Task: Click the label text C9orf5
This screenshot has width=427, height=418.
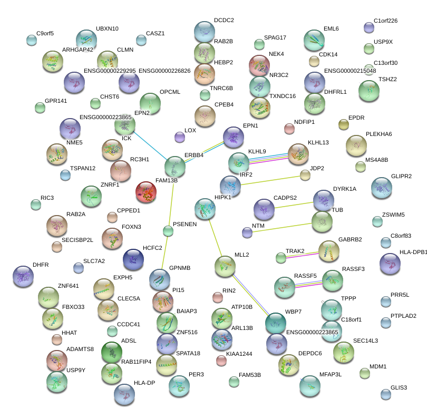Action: [x=45, y=33]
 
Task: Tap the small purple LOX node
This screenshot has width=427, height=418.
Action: [x=180, y=137]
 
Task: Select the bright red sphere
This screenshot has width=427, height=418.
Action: [x=146, y=192]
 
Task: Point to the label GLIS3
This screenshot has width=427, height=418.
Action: [x=399, y=387]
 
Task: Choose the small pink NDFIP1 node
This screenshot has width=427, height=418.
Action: [x=289, y=128]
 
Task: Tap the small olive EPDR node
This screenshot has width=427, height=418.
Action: [x=344, y=124]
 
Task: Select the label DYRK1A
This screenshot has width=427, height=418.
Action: [x=344, y=189]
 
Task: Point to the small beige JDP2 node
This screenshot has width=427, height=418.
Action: [x=305, y=175]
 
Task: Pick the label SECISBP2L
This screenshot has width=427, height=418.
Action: [x=77, y=240]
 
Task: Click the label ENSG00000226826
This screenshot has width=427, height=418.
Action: [x=164, y=70]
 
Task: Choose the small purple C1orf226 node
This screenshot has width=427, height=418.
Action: [x=369, y=27]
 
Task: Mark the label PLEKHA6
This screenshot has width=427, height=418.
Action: [x=379, y=134]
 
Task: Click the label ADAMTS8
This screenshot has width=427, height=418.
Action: [x=80, y=349]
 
